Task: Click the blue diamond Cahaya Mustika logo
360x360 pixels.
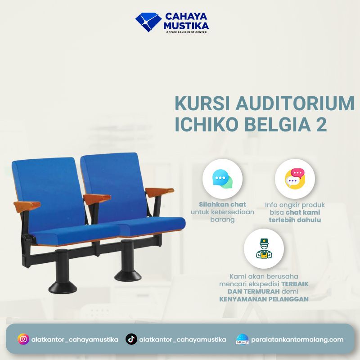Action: (x=148, y=22)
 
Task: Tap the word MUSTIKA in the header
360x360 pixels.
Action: (x=186, y=26)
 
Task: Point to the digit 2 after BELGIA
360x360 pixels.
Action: (x=321, y=125)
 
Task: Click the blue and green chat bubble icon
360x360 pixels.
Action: (x=222, y=179)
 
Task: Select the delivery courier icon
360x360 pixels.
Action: (x=264, y=249)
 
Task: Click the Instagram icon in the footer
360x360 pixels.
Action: (x=23, y=339)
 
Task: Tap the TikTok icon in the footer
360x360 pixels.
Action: (x=131, y=339)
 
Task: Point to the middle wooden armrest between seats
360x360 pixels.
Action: (x=96, y=198)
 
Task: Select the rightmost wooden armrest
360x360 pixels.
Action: (x=159, y=191)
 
